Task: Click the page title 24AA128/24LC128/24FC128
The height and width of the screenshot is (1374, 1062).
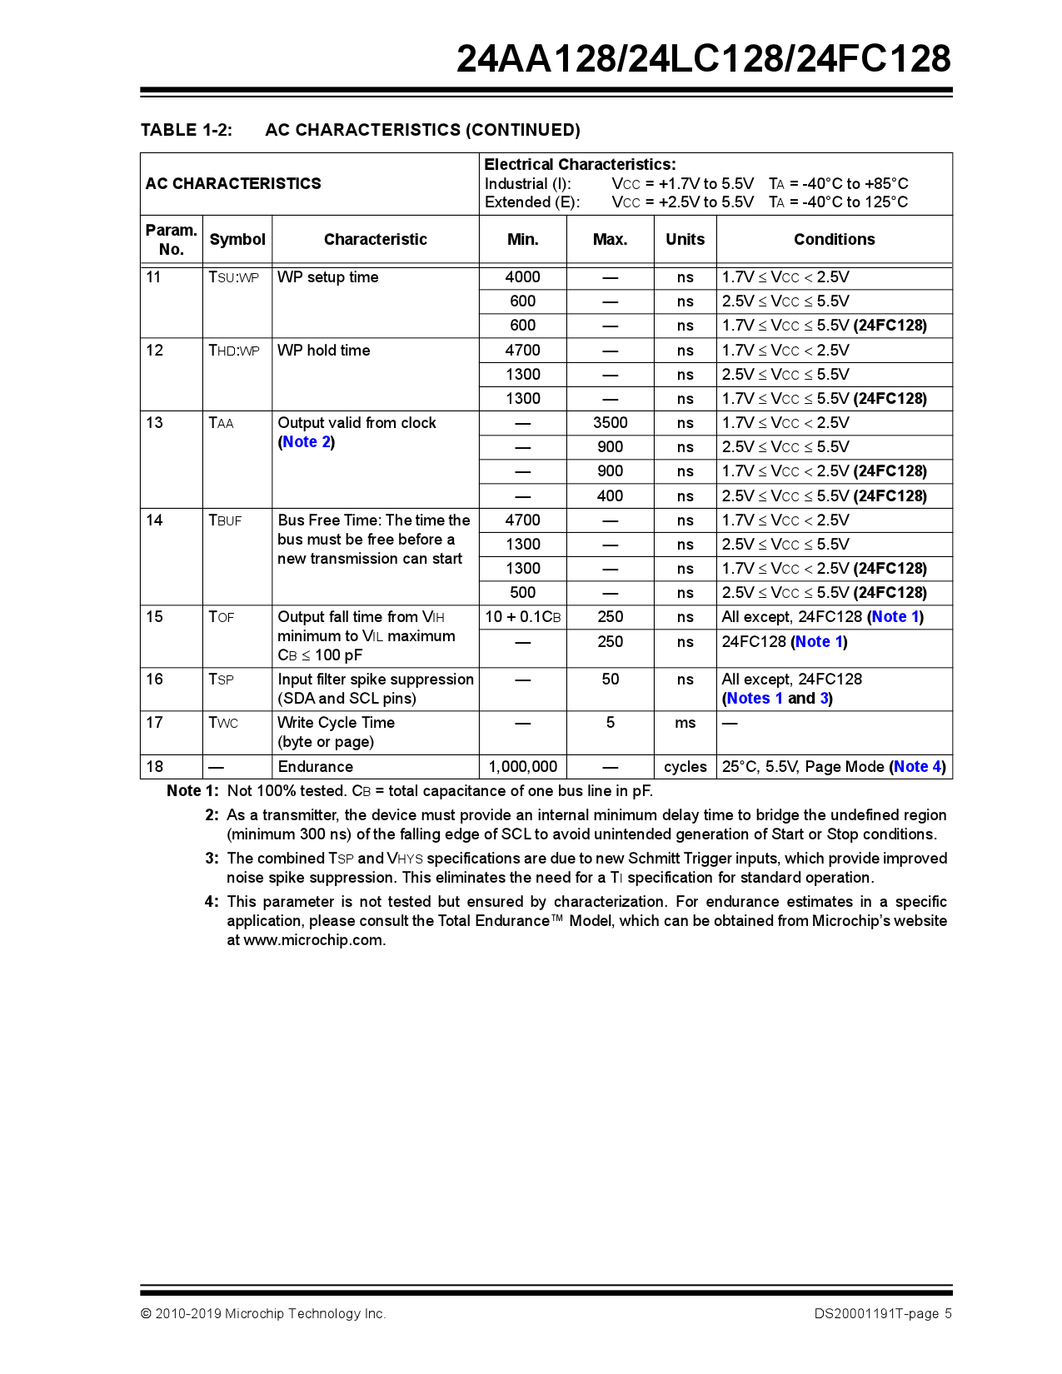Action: click(x=703, y=59)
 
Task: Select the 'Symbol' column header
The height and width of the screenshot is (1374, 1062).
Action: click(x=237, y=240)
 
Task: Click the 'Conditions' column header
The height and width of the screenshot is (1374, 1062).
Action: click(x=834, y=240)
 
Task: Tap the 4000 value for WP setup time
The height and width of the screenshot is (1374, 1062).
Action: click(x=522, y=277)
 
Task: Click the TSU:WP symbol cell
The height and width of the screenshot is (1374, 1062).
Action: click(x=233, y=277)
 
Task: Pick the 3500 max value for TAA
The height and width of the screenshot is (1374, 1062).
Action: click(x=610, y=423)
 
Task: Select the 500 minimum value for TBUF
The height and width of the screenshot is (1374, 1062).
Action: click(x=522, y=593)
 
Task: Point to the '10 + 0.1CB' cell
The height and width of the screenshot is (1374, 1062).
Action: click(x=522, y=617)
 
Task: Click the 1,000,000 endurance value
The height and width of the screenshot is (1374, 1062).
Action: click(x=522, y=767)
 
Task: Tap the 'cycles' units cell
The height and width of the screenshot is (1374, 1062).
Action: click(x=685, y=767)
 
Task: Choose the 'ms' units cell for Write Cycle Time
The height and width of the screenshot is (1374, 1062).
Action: click(x=685, y=723)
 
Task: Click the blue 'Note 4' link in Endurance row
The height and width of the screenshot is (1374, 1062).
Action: click(x=917, y=767)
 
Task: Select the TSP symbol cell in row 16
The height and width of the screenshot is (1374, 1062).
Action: click(x=221, y=680)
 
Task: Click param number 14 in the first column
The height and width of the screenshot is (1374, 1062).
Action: click(x=155, y=520)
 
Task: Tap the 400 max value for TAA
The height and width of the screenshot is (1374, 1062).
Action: click(x=610, y=496)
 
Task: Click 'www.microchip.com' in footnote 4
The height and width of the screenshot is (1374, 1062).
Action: click(x=313, y=940)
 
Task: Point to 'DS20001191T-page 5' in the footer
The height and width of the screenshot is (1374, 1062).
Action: click(x=882, y=1314)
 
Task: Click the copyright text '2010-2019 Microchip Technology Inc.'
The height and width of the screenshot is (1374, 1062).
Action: click(x=270, y=1314)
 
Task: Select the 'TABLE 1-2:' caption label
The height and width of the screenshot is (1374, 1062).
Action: click(x=187, y=130)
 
